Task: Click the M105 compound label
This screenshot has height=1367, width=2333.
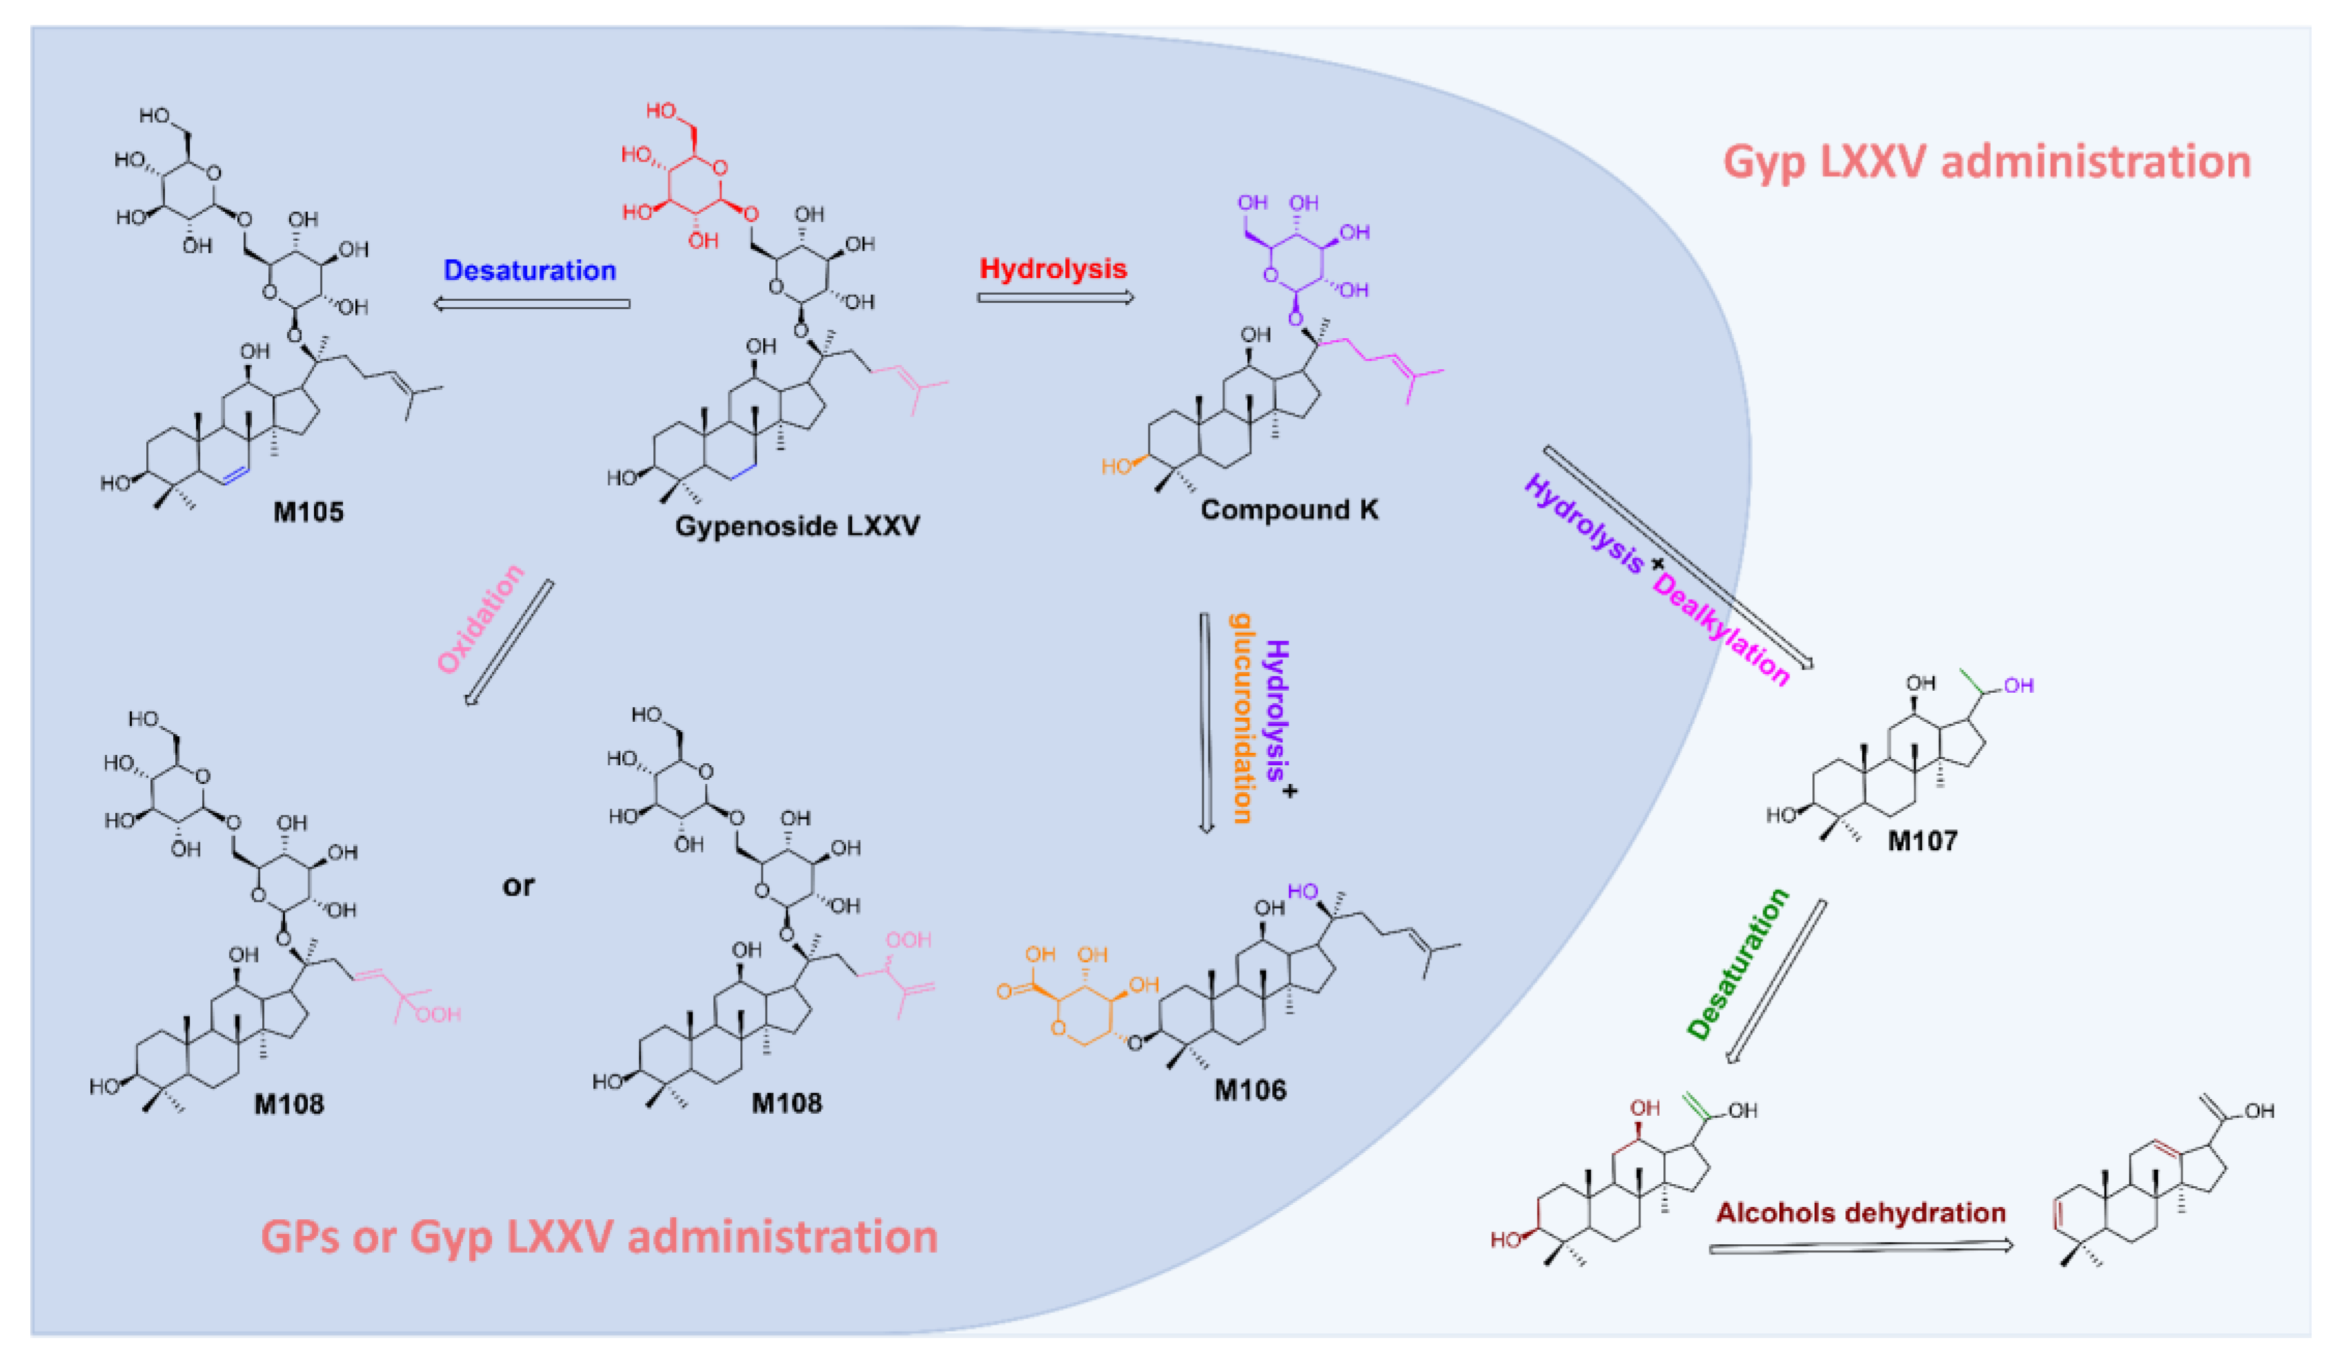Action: click(x=308, y=512)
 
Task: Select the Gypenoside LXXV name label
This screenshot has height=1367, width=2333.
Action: click(x=797, y=526)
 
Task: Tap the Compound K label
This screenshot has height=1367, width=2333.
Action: click(x=1289, y=509)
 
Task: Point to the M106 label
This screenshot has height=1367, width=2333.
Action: click(x=1250, y=1090)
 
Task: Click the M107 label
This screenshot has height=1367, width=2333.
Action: click(x=1923, y=841)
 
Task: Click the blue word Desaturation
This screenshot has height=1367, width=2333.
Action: click(x=530, y=271)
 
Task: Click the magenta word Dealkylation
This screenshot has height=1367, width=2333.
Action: click(x=1721, y=630)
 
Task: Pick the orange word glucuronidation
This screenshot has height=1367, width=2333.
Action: click(x=1240, y=718)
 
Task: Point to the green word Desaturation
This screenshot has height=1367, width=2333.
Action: click(x=1738, y=963)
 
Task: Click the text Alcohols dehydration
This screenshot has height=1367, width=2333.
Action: click(x=1861, y=1213)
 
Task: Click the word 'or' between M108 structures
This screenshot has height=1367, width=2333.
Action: click(x=519, y=885)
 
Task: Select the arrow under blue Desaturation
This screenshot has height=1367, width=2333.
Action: click(x=533, y=304)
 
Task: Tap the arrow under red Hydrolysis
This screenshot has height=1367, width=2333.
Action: click(x=1055, y=297)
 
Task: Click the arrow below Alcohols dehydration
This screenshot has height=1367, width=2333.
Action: click(x=1861, y=1248)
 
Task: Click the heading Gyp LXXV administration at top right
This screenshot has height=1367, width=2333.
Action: click(x=1986, y=162)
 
